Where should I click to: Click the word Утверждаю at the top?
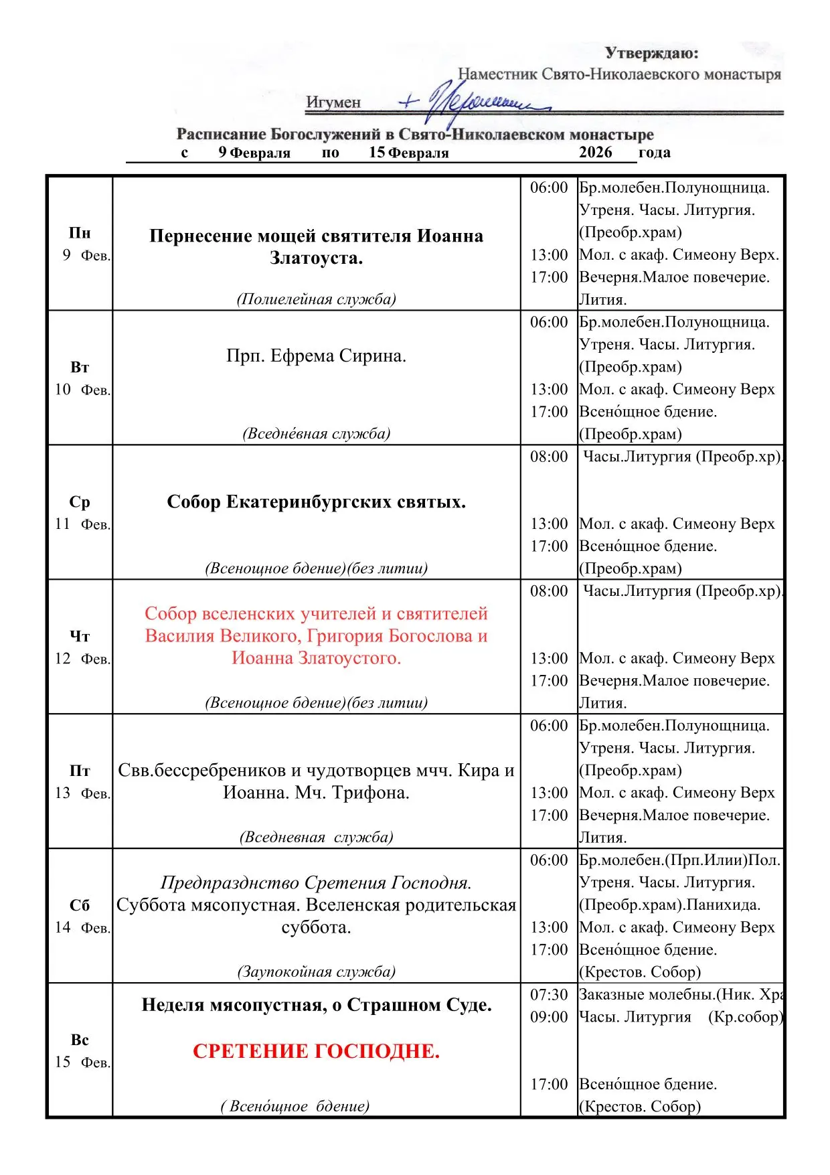651,53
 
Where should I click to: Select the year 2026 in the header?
595,153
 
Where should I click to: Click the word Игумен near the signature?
333,102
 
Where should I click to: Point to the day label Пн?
80,233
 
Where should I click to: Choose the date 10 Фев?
82,390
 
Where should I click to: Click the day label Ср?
80,502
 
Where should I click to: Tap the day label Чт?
80,637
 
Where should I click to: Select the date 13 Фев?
82,793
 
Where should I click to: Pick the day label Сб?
80,905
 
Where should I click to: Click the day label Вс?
80,1040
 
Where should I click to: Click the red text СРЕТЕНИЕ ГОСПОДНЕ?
316,1051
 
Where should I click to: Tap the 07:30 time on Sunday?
549,995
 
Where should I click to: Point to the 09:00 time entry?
549,1017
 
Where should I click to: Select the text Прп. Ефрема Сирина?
316,356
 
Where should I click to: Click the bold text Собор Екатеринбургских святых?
316,502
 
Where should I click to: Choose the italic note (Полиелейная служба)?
316,299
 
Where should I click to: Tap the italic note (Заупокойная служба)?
316,971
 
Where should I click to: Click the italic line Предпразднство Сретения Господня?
316,882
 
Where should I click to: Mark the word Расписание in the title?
220,135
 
